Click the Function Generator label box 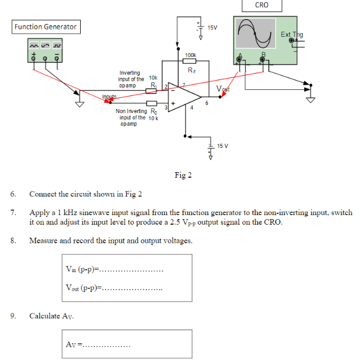point(45,27)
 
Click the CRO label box point(262,5)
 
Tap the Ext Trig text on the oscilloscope point(292,34)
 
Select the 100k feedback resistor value point(190,55)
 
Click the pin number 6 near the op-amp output point(207,103)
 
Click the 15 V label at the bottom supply point(222,146)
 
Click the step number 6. point(12,194)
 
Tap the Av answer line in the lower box point(106,344)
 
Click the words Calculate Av point(51,316)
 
